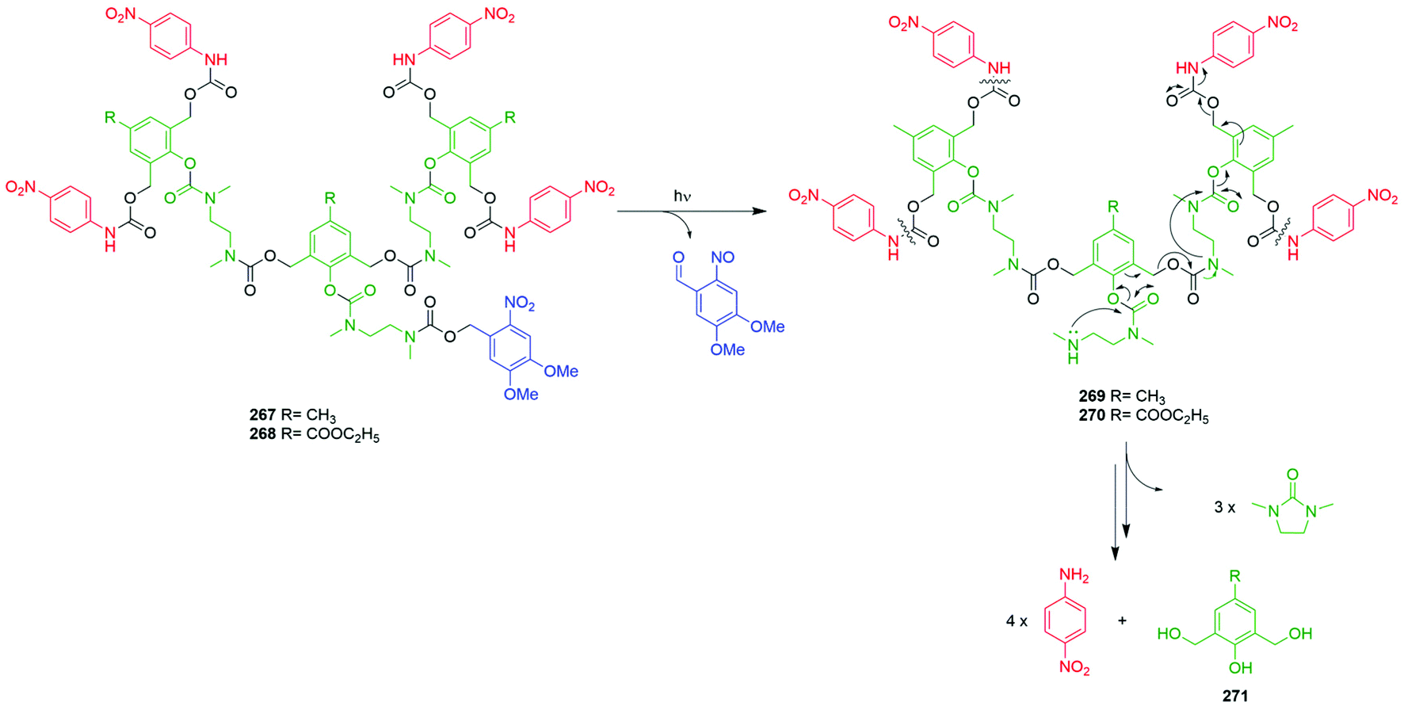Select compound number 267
pyautogui.click(x=263, y=415)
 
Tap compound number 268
pyautogui.click(x=263, y=435)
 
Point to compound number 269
pyautogui.click(x=1092, y=396)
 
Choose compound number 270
pyautogui.click(x=1092, y=415)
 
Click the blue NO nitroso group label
pyautogui.click(x=723, y=258)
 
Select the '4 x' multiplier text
pyautogui.click(x=1017, y=621)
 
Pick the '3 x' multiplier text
pyautogui.click(x=1225, y=507)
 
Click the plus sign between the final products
pyautogui.click(x=1122, y=620)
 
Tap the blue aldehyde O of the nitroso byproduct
pyautogui.click(x=678, y=258)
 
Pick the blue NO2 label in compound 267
pyautogui.click(x=520, y=303)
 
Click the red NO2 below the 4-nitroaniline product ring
pyautogui.click(x=1074, y=668)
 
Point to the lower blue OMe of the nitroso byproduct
pyautogui.click(x=727, y=349)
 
